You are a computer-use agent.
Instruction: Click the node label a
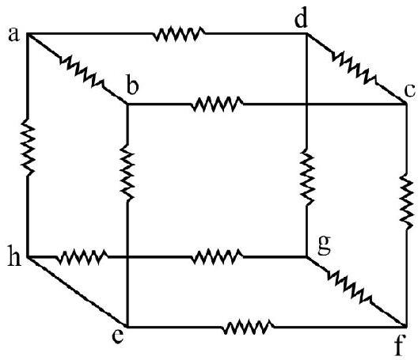14,35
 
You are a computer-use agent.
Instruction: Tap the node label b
133,85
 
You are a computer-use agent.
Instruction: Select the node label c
410,90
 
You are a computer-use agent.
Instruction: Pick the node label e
117,335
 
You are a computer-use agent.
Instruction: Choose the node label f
399,344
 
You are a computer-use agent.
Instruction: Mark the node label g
325,245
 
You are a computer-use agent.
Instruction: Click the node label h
14,256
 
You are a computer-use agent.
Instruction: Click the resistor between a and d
179,34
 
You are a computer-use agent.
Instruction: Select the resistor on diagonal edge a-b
82,71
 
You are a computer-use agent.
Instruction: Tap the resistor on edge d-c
355,68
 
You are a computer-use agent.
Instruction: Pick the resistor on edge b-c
217,104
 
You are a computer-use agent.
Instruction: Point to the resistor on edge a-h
28,147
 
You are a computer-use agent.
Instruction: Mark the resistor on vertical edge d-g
307,178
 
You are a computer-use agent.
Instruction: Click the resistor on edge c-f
407,201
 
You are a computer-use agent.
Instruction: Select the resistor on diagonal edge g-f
350,287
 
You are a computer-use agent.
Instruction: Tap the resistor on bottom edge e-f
248,327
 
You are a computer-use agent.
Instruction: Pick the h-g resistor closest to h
82,257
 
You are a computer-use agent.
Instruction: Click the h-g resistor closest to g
217,257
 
